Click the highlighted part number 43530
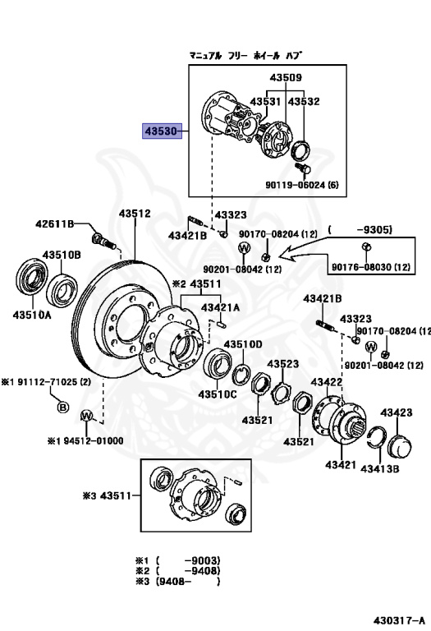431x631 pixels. point(162,131)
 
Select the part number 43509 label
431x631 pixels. point(286,77)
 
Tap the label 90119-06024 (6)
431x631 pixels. point(301,185)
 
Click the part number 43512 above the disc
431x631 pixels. point(135,214)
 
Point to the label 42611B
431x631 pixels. point(55,223)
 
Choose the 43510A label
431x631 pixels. point(32,315)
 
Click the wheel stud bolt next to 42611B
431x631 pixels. point(103,241)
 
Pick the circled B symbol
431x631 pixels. point(62,408)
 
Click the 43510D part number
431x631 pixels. point(243,344)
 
